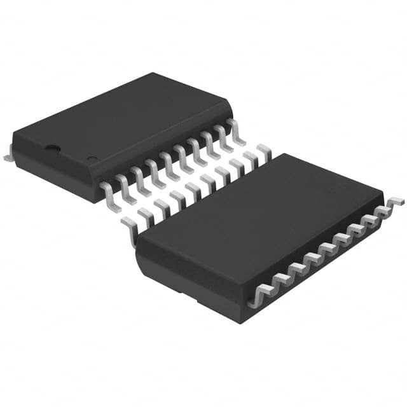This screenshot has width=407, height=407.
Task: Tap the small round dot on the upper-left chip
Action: coord(92,159)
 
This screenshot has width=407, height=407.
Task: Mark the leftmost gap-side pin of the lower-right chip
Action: coord(130,226)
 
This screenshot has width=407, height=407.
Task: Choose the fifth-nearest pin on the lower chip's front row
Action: coord(329,245)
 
